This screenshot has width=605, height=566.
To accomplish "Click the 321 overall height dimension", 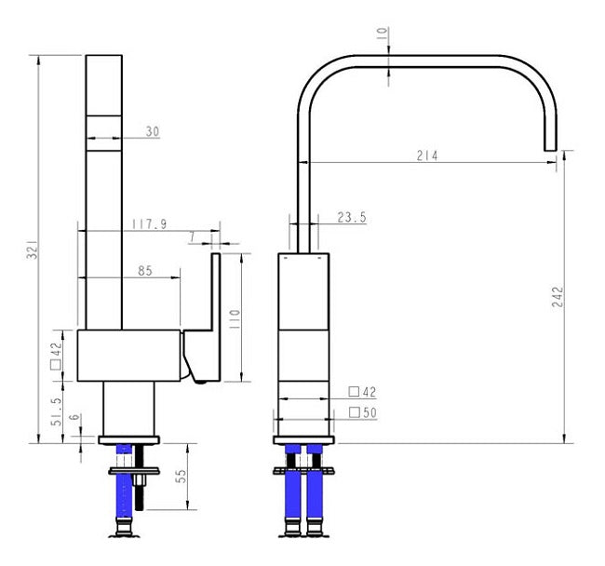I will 32,250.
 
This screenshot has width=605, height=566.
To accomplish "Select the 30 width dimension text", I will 152,132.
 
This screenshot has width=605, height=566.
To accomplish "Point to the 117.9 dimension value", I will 149,223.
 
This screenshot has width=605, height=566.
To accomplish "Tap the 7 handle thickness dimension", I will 191,238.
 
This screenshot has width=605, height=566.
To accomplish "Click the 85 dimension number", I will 145,272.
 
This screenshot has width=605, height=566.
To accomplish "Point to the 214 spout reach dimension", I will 427,155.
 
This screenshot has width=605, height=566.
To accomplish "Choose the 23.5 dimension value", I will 351,218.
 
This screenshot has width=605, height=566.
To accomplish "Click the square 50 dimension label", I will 362,412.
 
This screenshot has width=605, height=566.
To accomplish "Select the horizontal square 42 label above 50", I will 362,392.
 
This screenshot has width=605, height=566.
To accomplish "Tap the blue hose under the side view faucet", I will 123,484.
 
